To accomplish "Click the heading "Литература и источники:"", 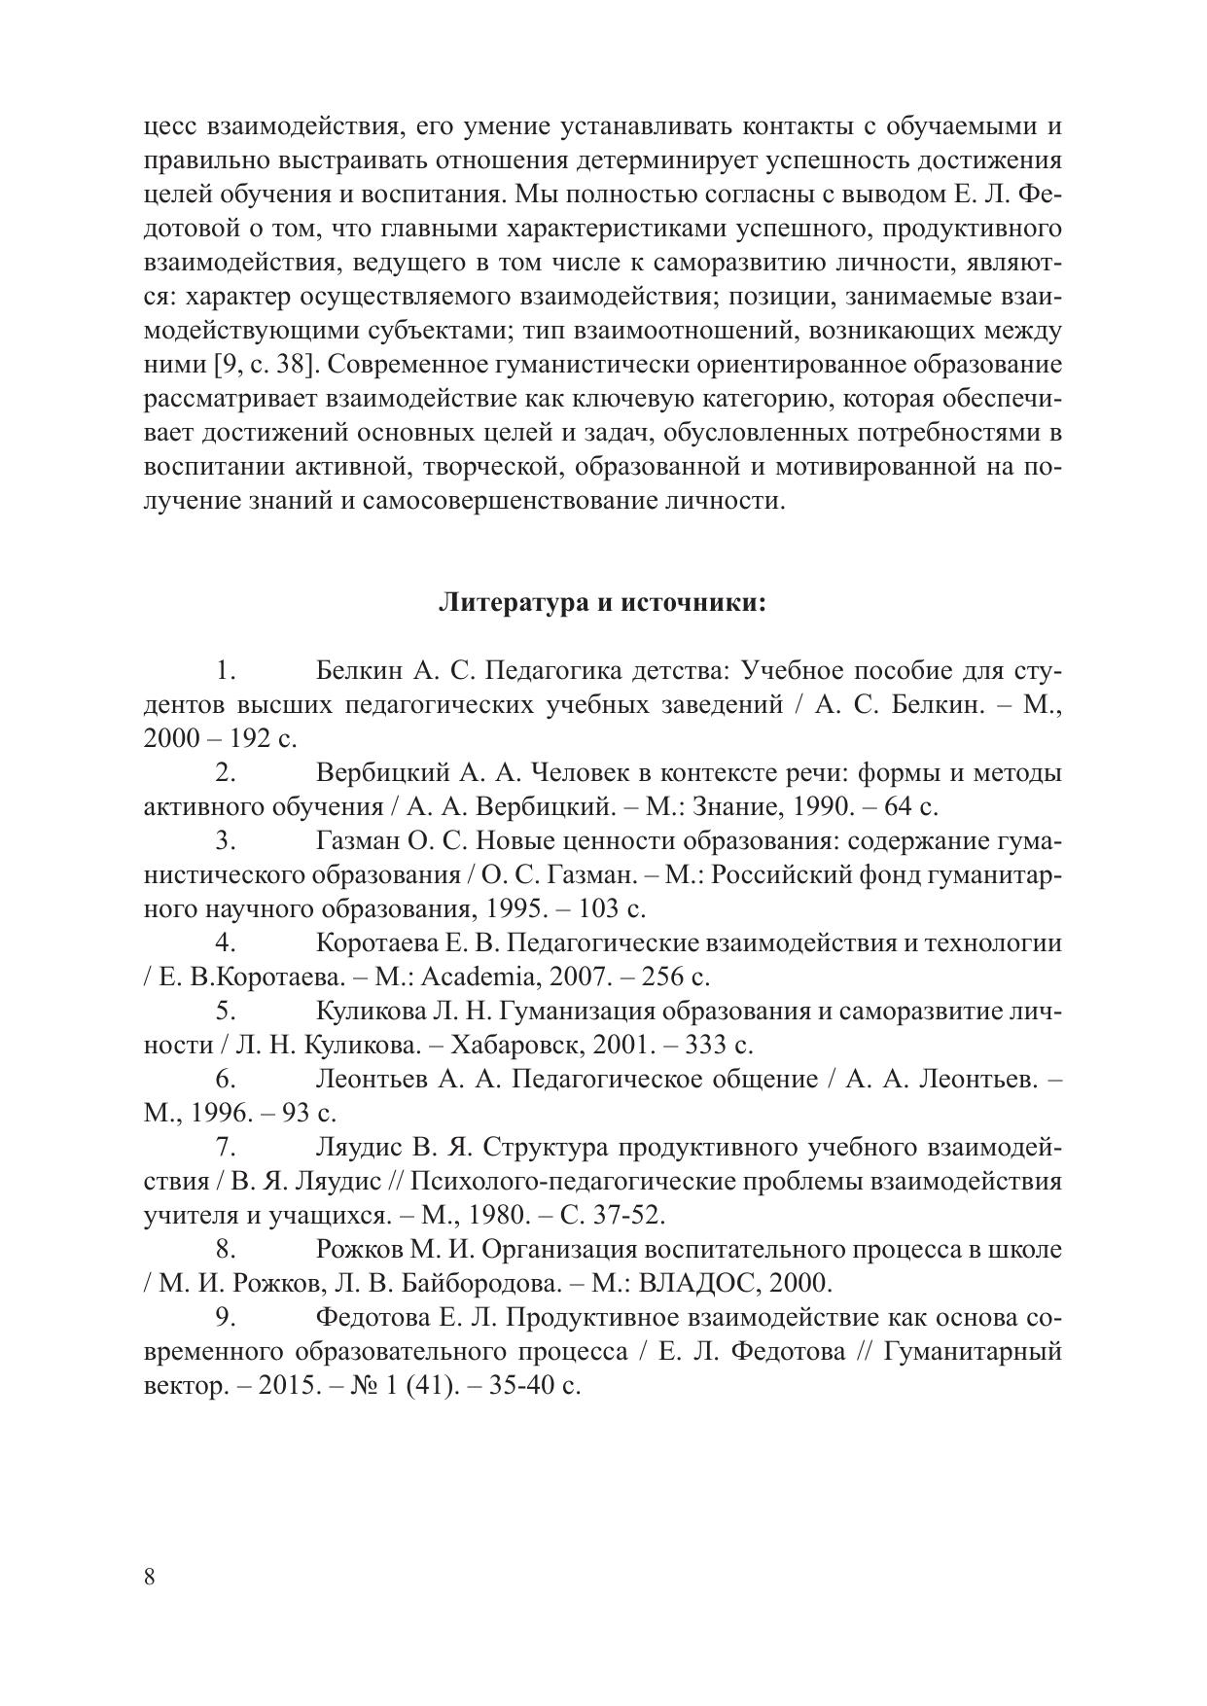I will coord(603,603).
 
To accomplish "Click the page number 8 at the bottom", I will coord(149,1577).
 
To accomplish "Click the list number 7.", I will coord(226,1147).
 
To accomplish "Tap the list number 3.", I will coord(226,840).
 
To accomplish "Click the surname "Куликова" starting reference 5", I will coord(368,1011).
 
